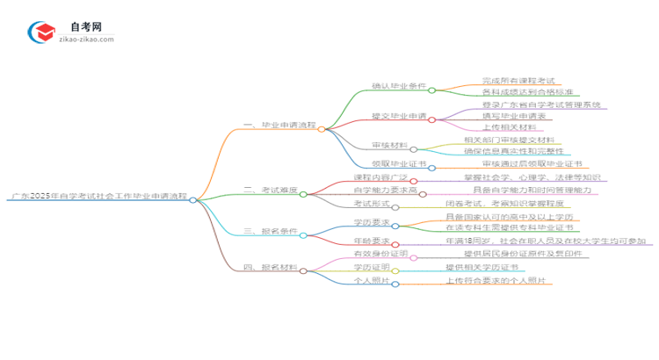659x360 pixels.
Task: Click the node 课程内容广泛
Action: coord(358,179)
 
